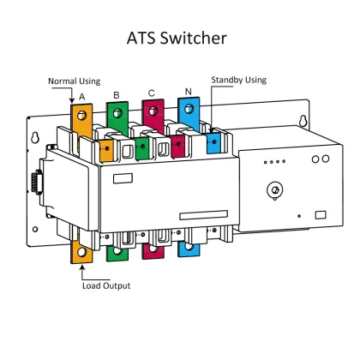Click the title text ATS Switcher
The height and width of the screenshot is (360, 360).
[180, 39]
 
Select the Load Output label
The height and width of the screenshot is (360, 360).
[106, 285]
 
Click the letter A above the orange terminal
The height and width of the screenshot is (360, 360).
[81, 97]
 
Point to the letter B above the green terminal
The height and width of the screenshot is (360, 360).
[116, 94]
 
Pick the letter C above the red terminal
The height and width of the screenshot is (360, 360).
[152, 93]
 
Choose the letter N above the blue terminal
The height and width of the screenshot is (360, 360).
[188, 91]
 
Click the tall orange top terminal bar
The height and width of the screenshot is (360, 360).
[80, 119]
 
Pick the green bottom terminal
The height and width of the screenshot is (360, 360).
[117, 251]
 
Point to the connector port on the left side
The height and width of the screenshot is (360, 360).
[35, 187]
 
